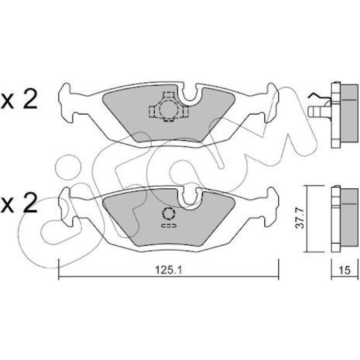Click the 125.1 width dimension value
click(x=169, y=270)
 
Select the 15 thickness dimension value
click(x=345, y=270)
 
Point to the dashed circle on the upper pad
click(x=169, y=109)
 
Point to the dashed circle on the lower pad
click(x=169, y=213)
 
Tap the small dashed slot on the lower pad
click(x=169, y=226)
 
